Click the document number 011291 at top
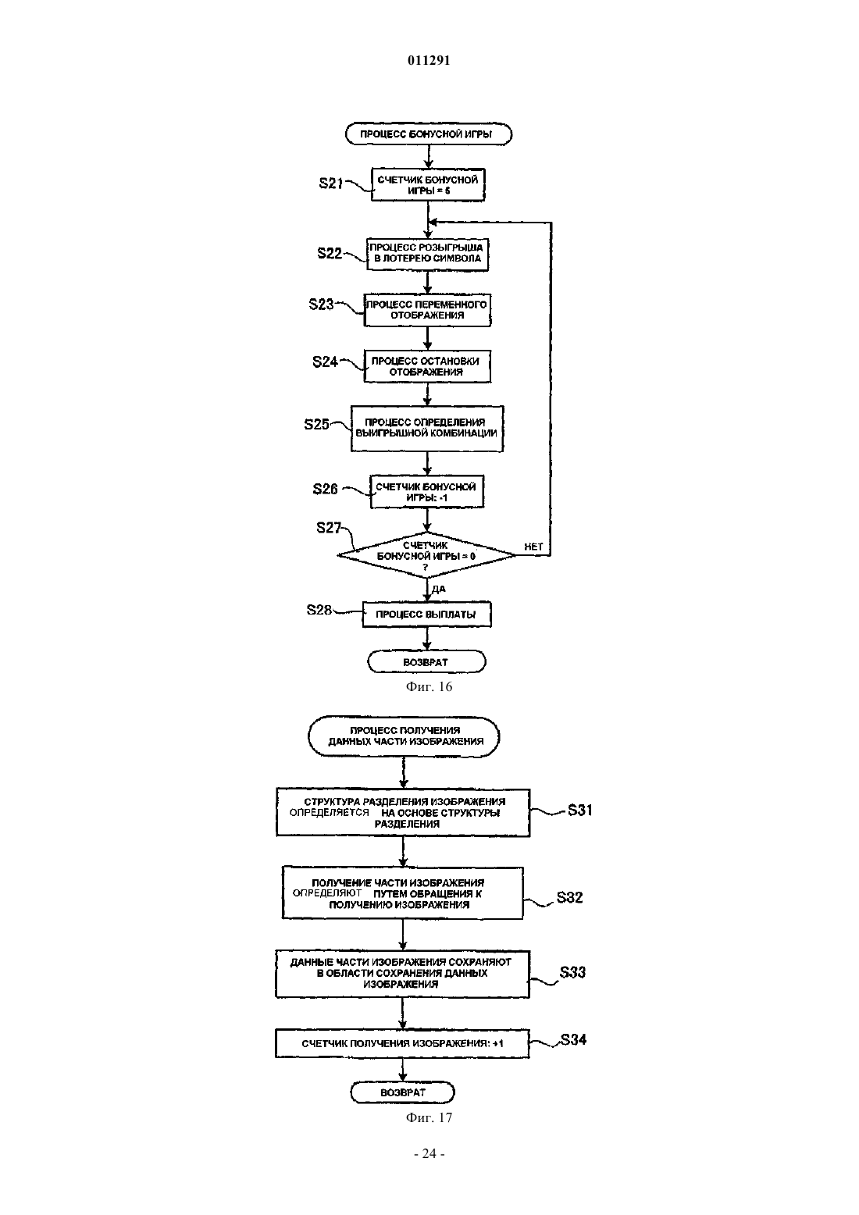click(429, 60)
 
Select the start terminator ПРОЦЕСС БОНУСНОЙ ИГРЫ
click(429, 134)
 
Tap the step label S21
click(331, 183)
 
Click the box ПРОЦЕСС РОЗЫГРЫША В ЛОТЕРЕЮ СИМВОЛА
click(427, 254)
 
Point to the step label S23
click(321, 305)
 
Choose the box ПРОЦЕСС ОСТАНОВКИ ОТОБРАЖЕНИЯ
click(427, 367)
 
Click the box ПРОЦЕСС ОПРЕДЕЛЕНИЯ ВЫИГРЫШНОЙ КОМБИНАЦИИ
click(427, 429)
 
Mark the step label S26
click(325, 490)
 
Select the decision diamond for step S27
click(426, 555)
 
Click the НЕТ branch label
click(533, 547)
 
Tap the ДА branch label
click(439, 589)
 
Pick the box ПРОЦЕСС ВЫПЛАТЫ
click(427, 615)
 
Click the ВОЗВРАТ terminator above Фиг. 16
click(426, 661)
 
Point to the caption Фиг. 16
click(429, 686)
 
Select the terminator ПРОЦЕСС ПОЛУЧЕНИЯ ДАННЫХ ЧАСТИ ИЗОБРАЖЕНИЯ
click(404, 736)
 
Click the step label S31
click(579, 811)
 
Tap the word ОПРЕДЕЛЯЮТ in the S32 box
click(327, 893)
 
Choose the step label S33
click(572, 972)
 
